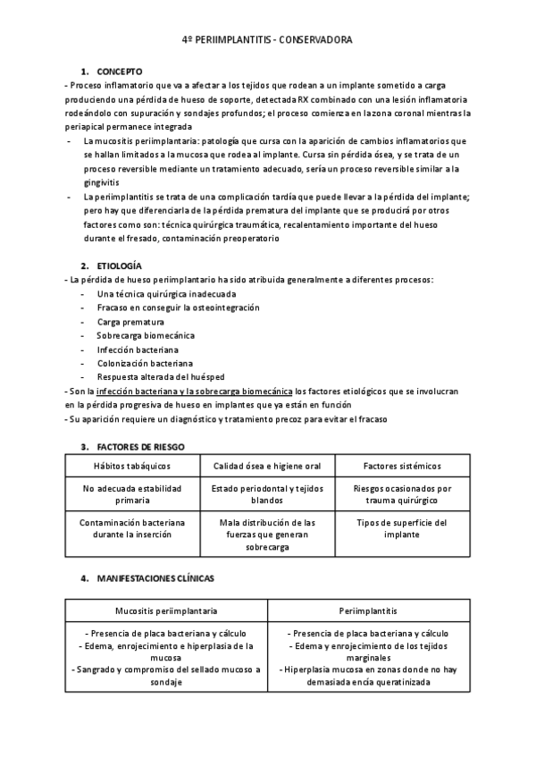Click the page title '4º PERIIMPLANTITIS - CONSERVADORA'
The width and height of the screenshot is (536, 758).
[x=267, y=41]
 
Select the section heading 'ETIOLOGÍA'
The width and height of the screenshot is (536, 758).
[x=119, y=266]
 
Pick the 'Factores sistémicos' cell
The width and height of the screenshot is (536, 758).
[x=402, y=466]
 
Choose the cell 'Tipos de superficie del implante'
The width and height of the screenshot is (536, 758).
[x=402, y=527]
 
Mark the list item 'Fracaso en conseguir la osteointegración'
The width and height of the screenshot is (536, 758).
[x=179, y=307]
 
